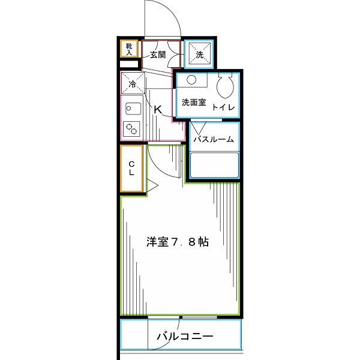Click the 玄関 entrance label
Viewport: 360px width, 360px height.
[158, 55]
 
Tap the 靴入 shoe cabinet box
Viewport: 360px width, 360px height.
[130, 48]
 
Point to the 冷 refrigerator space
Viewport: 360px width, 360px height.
[133, 83]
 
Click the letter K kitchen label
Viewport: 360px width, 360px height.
[158, 110]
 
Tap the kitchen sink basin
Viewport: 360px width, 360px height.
[132, 108]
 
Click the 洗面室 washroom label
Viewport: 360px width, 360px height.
[194, 103]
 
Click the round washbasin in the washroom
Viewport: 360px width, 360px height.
[191, 80]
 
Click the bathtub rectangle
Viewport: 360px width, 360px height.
[214, 166]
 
